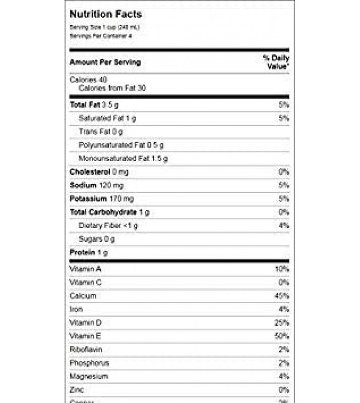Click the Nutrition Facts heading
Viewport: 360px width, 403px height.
click(105, 15)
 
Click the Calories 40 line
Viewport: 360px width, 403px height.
click(88, 80)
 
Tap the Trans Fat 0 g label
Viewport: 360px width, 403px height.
click(101, 131)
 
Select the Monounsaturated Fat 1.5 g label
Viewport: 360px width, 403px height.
click(124, 159)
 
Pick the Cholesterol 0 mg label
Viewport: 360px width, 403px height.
click(99, 172)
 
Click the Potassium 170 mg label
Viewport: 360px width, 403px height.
click(102, 199)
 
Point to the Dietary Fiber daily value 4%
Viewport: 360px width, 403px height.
click(284, 226)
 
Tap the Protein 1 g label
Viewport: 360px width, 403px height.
click(89, 252)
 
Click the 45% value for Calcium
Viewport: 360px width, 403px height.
click(282, 296)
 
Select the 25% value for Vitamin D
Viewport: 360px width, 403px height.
click(282, 322)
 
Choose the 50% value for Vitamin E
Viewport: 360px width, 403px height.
click(282, 336)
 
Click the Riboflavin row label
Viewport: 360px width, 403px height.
click(83, 349)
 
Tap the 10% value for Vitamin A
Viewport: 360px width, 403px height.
click(282, 268)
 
